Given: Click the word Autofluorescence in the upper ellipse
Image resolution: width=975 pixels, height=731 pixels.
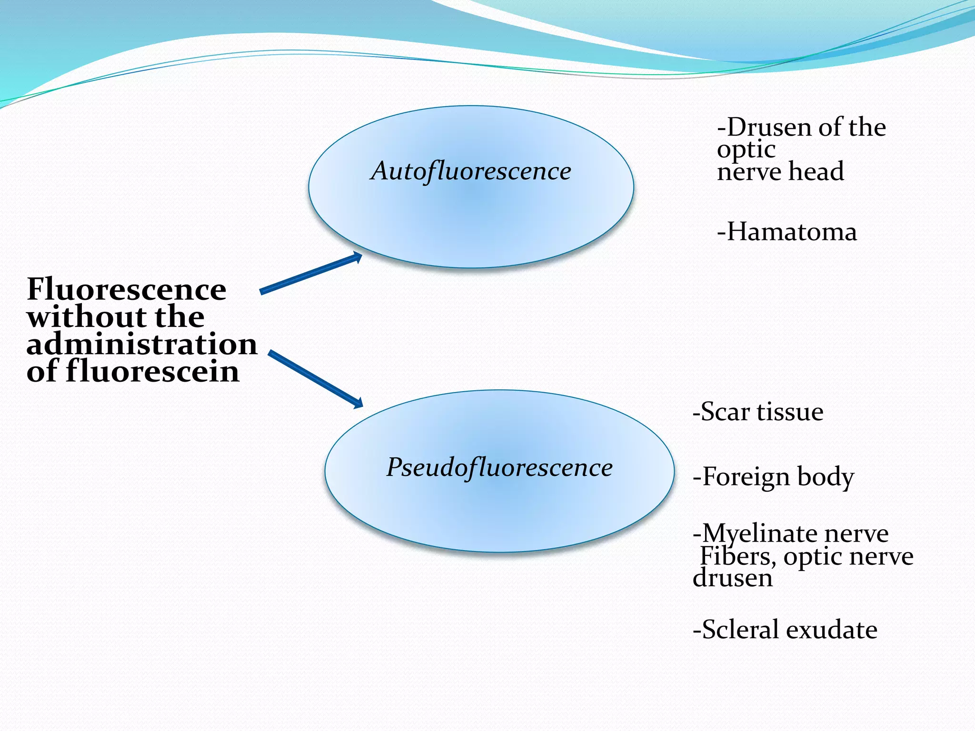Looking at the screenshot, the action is coord(471,171).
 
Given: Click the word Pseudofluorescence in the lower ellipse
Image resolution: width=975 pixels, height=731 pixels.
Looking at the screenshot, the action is coord(499,467).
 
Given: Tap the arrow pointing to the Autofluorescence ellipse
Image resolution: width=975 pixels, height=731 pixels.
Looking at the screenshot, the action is coord(311,273).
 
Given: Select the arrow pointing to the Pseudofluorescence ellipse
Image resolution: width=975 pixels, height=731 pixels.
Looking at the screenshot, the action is coord(316,379).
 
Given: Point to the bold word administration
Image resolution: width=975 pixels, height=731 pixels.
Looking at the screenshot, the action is coord(142,344).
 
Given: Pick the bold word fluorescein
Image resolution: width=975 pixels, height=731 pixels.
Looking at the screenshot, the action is coord(152,371).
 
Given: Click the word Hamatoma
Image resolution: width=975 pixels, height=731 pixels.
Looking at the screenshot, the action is coord(792,232).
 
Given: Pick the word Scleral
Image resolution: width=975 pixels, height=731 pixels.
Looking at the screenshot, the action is coord(740,630).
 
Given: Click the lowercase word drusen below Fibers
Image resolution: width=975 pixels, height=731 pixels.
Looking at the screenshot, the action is coord(733,578).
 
